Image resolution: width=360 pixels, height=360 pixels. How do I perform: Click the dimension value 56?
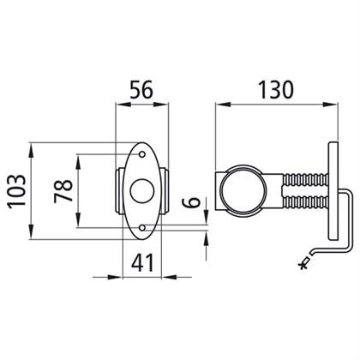click(x=141, y=90)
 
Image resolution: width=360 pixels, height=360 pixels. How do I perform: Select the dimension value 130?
click(x=276, y=90)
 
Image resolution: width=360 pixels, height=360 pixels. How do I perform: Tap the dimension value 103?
click(x=16, y=191)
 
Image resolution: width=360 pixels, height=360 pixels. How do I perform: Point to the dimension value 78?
click(x=63, y=190)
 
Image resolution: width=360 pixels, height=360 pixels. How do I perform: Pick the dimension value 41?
click(x=142, y=262)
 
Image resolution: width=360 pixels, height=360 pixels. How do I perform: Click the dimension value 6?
click(x=191, y=202)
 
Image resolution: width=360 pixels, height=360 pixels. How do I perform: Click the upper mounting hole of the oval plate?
click(x=142, y=154)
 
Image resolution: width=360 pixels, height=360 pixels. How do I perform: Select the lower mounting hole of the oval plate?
click(x=142, y=228)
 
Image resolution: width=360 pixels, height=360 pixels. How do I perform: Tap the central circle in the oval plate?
click(x=142, y=191)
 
